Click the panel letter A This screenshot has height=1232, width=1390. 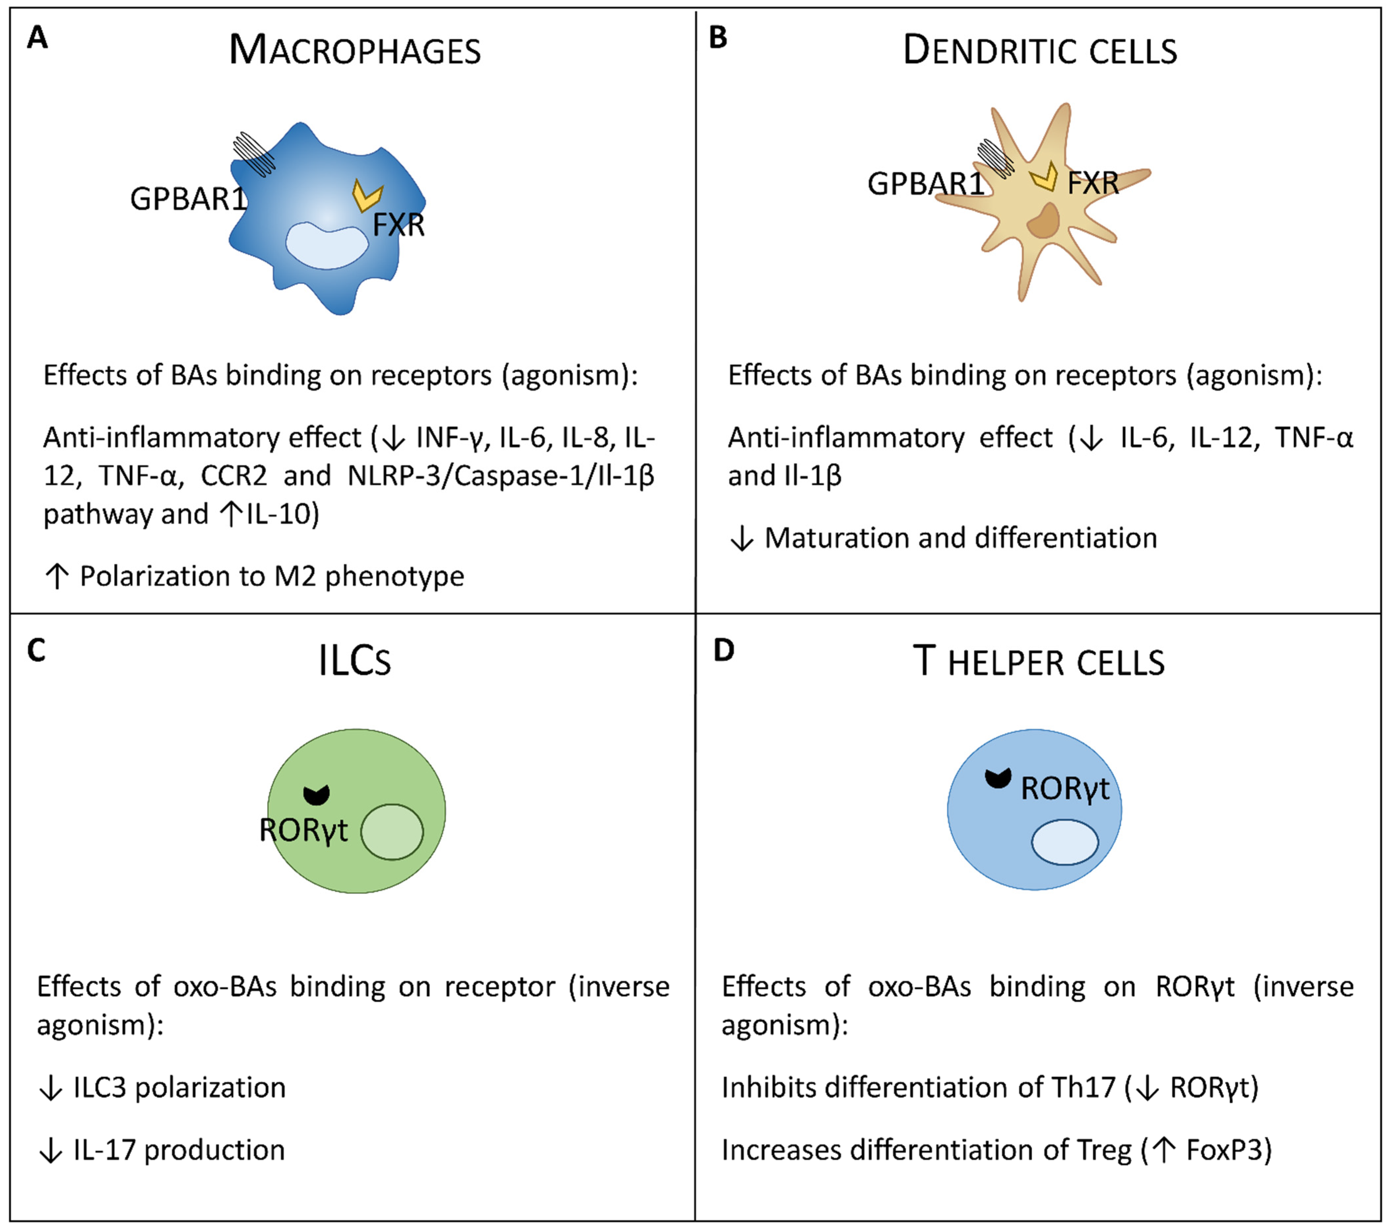point(37,37)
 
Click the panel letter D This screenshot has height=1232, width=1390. point(724,651)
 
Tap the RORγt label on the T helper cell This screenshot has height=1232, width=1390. point(1065,789)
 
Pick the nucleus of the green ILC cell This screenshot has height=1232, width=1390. point(392,832)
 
